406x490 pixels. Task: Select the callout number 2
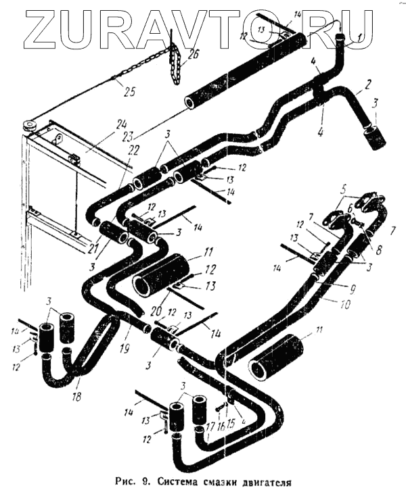(x=368, y=86)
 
